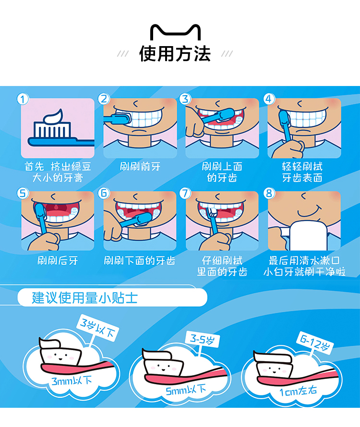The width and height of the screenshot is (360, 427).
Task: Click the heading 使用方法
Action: (x=175, y=54)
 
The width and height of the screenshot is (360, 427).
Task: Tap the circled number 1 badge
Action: (x=23, y=99)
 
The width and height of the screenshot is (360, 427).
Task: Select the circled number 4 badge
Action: (x=269, y=99)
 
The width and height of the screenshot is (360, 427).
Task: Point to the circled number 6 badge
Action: (x=104, y=193)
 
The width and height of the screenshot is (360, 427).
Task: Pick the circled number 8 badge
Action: (x=269, y=193)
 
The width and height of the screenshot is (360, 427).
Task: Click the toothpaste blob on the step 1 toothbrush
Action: (x=54, y=116)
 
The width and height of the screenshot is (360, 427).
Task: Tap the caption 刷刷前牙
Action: (x=140, y=166)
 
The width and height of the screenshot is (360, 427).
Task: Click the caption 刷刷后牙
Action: (x=58, y=261)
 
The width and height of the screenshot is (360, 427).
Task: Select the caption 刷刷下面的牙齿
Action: (x=140, y=261)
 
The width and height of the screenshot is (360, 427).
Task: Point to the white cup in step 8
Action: (x=308, y=235)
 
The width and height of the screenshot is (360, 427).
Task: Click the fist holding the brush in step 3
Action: (x=195, y=127)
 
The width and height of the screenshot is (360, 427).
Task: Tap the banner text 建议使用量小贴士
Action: (x=84, y=298)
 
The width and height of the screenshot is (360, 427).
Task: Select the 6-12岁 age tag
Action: (x=315, y=343)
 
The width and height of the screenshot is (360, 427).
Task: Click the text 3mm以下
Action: (x=72, y=380)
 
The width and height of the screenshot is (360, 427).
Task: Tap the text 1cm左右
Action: (x=298, y=391)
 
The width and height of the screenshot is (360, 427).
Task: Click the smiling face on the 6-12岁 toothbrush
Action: (x=274, y=371)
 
